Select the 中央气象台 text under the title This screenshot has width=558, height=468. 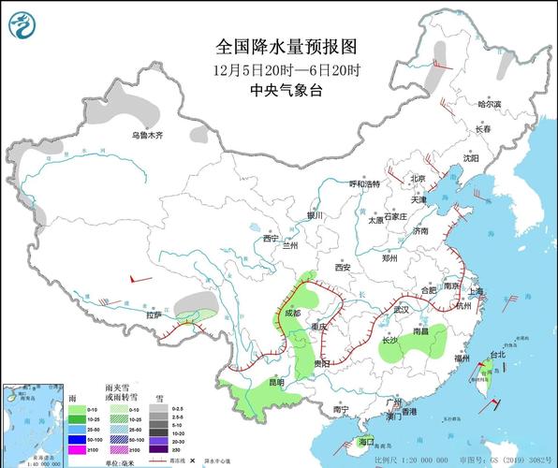click(286, 91)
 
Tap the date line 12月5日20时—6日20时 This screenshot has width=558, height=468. click(286, 69)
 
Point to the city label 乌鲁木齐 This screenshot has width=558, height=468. click(146, 136)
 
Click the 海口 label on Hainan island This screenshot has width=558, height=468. click(366, 441)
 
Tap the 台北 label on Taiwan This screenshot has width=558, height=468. click(498, 355)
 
